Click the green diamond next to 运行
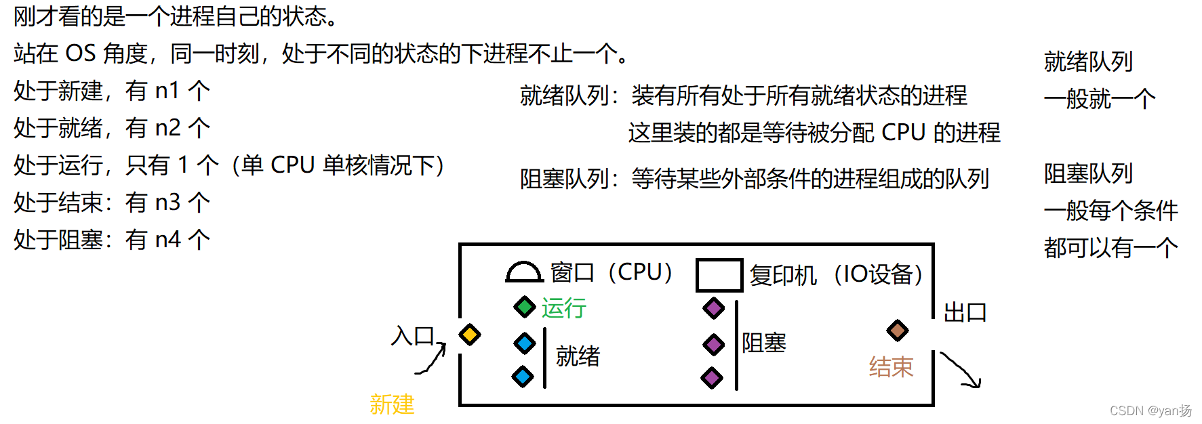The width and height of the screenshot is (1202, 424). [x=525, y=307]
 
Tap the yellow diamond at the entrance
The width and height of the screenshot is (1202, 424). [x=469, y=335]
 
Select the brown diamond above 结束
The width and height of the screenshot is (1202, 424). [x=898, y=331]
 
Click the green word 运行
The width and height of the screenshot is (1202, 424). [x=563, y=308]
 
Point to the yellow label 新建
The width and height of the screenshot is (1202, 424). [x=392, y=404]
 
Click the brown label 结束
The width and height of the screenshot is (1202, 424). [x=891, y=367]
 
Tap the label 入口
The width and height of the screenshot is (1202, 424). [x=413, y=335]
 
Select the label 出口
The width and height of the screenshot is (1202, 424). [x=965, y=312]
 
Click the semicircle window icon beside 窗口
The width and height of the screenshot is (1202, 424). [x=524, y=272]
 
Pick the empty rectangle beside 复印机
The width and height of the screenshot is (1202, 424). [x=719, y=275]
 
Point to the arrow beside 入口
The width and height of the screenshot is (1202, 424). [x=432, y=359]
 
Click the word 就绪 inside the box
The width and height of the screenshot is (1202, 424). [x=578, y=356]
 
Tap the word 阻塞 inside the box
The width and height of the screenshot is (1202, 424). [x=764, y=343]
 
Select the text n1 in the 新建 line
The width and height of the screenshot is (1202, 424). [x=167, y=91]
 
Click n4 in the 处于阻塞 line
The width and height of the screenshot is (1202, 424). [x=167, y=240]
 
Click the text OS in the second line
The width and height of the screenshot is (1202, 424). [x=80, y=54]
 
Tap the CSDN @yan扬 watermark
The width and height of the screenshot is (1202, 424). [x=1150, y=410]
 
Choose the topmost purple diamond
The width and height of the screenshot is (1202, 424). [x=713, y=308]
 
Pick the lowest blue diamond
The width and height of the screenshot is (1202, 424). [x=523, y=376]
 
